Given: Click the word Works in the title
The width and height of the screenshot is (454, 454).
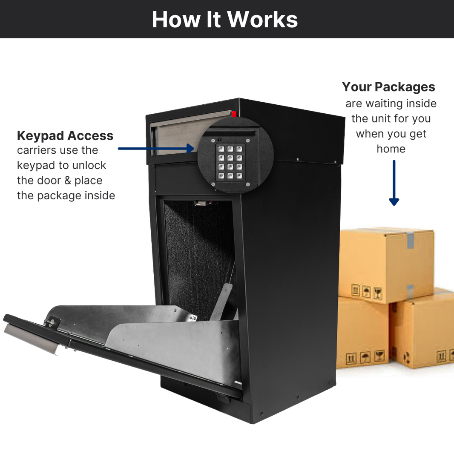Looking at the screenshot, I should (261, 19).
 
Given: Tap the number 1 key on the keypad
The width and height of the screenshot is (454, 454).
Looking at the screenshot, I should (221, 149).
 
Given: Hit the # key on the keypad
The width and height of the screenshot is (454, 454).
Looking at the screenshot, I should (239, 175).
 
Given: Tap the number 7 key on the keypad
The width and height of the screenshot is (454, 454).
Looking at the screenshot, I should (221, 167).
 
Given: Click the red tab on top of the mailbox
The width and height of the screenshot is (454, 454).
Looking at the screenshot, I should (234, 114).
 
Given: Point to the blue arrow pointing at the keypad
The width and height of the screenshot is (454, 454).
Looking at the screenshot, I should (155, 149).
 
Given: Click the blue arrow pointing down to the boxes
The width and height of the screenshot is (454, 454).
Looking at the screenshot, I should (394, 183).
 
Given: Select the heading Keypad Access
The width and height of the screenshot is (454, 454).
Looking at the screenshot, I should (65, 135).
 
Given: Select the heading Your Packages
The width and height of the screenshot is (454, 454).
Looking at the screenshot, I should (389, 87).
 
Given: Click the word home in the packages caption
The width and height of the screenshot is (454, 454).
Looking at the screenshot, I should (391, 149).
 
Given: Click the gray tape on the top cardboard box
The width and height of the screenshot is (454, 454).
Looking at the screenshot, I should (410, 241).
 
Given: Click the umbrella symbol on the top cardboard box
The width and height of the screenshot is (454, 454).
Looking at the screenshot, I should (367, 292).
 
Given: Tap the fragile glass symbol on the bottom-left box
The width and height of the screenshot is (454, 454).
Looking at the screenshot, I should (379, 356).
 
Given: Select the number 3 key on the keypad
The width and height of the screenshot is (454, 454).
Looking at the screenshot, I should (239, 149).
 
